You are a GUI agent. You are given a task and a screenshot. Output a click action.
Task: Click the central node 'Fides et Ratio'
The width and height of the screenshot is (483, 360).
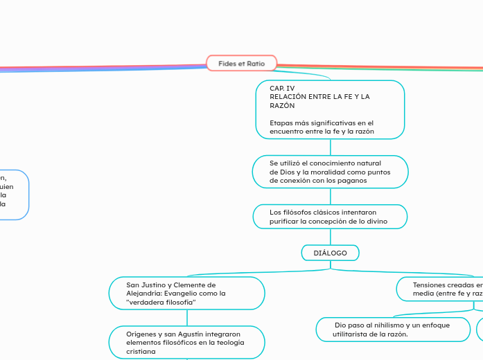coord(241,63)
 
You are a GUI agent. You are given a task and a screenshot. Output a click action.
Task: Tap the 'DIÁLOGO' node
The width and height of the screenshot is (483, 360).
coord(330,253)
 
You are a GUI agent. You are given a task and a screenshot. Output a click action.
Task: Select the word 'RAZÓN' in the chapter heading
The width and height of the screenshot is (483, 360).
coord(282,106)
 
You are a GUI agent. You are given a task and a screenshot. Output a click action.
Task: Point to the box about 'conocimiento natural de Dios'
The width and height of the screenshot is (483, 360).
coord(330,172)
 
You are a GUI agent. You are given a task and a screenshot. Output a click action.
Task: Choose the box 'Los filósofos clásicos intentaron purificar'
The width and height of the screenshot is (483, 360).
coord(330,216)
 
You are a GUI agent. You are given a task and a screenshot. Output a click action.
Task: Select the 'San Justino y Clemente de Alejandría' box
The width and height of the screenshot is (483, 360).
coord(187,293)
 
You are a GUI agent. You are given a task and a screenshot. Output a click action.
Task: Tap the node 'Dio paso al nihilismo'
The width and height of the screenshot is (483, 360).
coord(392,329)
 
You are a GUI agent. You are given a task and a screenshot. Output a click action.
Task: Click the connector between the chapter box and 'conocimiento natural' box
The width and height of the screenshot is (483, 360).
coord(330,147)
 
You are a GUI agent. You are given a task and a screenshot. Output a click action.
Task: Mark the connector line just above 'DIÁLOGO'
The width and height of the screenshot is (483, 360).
coord(330,236)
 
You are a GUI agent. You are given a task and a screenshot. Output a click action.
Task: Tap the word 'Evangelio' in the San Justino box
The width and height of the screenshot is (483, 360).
coord(181,293)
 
